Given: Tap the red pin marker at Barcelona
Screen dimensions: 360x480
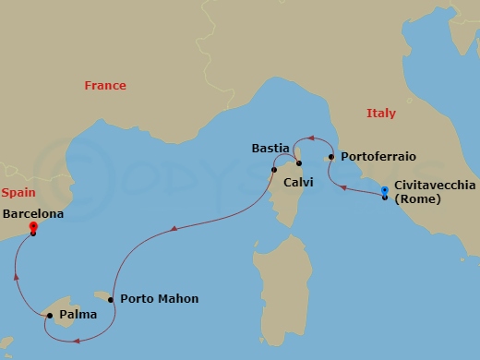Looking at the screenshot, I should tap(33, 227).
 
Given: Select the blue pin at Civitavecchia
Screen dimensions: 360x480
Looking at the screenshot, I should tap(385, 192).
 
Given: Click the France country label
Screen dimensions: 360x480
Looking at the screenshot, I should tap(105, 86).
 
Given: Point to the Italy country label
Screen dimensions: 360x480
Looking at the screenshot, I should tap(380, 114).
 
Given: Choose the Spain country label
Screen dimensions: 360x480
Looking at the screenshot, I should tap(18, 193).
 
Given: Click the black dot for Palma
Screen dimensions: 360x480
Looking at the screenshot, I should tap(49, 316).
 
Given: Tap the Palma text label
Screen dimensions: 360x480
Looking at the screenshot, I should tap(77, 316).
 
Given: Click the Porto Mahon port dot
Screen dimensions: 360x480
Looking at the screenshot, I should tap(111, 299).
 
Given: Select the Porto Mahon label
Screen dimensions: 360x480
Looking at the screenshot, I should tap(159, 299).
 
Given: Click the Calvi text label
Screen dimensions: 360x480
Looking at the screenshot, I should tap(298, 183).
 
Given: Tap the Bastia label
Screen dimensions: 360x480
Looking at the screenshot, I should tap(271, 148).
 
